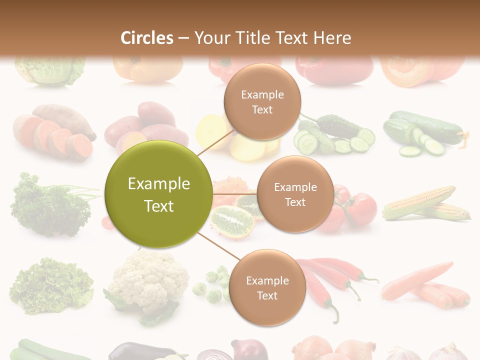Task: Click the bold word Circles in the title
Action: click(147, 38)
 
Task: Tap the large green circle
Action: click(158, 194)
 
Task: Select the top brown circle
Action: click(262, 101)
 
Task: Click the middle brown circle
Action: click(295, 194)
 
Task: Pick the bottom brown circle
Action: click(267, 287)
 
